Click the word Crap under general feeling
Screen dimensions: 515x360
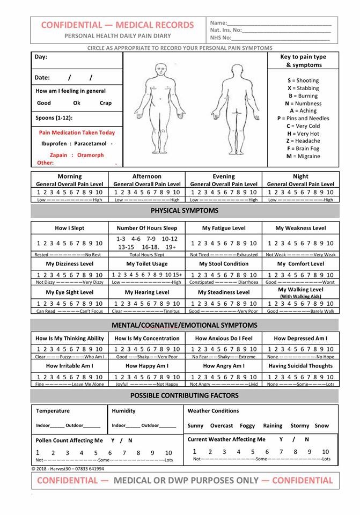(x=106, y=103)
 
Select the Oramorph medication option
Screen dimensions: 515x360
(x=90, y=155)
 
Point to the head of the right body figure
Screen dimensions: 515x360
(x=224, y=69)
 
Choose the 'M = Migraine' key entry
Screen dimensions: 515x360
(x=303, y=156)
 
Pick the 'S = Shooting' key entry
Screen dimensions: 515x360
(x=303, y=80)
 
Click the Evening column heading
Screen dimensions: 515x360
(x=224, y=176)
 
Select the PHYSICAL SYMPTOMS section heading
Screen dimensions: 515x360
(x=185, y=210)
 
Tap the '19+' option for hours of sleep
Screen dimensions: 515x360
(x=171, y=247)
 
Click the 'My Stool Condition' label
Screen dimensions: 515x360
(x=224, y=264)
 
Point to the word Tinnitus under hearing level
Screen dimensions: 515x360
(x=171, y=311)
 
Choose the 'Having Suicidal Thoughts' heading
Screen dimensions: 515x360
(x=300, y=366)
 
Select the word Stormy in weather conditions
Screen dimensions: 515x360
(x=299, y=425)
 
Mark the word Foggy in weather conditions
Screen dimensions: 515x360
(x=247, y=425)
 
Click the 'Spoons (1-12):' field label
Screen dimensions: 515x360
(x=54, y=117)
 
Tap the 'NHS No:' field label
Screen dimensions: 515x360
(x=221, y=38)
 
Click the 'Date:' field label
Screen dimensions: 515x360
(x=42, y=77)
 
